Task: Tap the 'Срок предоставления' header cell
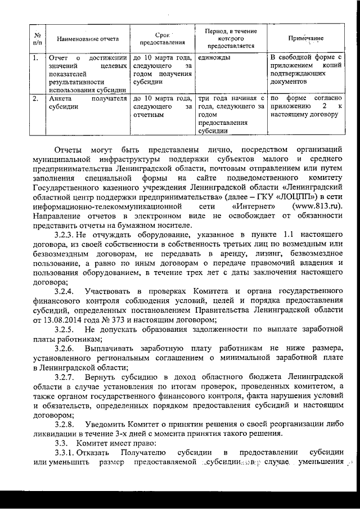click(x=161, y=39)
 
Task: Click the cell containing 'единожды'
click(x=214, y=58)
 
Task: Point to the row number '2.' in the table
click(x=35, y=99)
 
